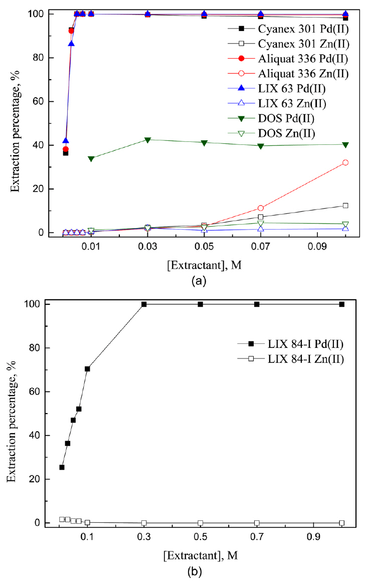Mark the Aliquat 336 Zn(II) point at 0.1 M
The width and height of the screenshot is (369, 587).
345,162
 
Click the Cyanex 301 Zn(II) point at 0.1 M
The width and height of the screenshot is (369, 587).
345,206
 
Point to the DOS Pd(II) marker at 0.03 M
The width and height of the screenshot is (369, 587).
147,140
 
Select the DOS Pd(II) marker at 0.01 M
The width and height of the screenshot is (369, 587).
91,159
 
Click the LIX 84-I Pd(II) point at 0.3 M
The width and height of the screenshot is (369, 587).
144,304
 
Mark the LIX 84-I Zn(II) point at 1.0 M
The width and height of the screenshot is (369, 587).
342,523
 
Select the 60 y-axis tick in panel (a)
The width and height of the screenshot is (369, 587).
37,101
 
